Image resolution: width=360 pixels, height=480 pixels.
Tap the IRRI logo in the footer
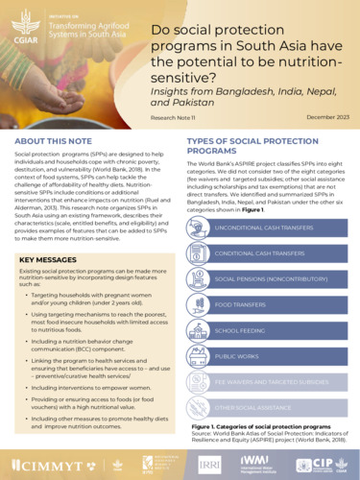coord(210,464)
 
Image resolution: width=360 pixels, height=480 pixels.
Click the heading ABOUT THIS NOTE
coord(53,141)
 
